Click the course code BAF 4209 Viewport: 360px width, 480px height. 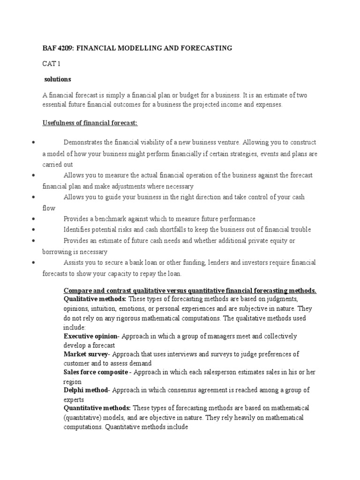[x=60, y=48]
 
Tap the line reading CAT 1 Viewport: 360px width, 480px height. [x=51, y=64]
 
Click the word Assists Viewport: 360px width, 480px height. [x=75, y=262]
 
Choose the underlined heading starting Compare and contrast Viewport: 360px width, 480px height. [x=190, y=291]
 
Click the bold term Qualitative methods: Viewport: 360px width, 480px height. [x=95, y=300]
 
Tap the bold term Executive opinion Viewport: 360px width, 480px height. [x=90, y=337]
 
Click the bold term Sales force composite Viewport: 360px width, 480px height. [x=95, y=372]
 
